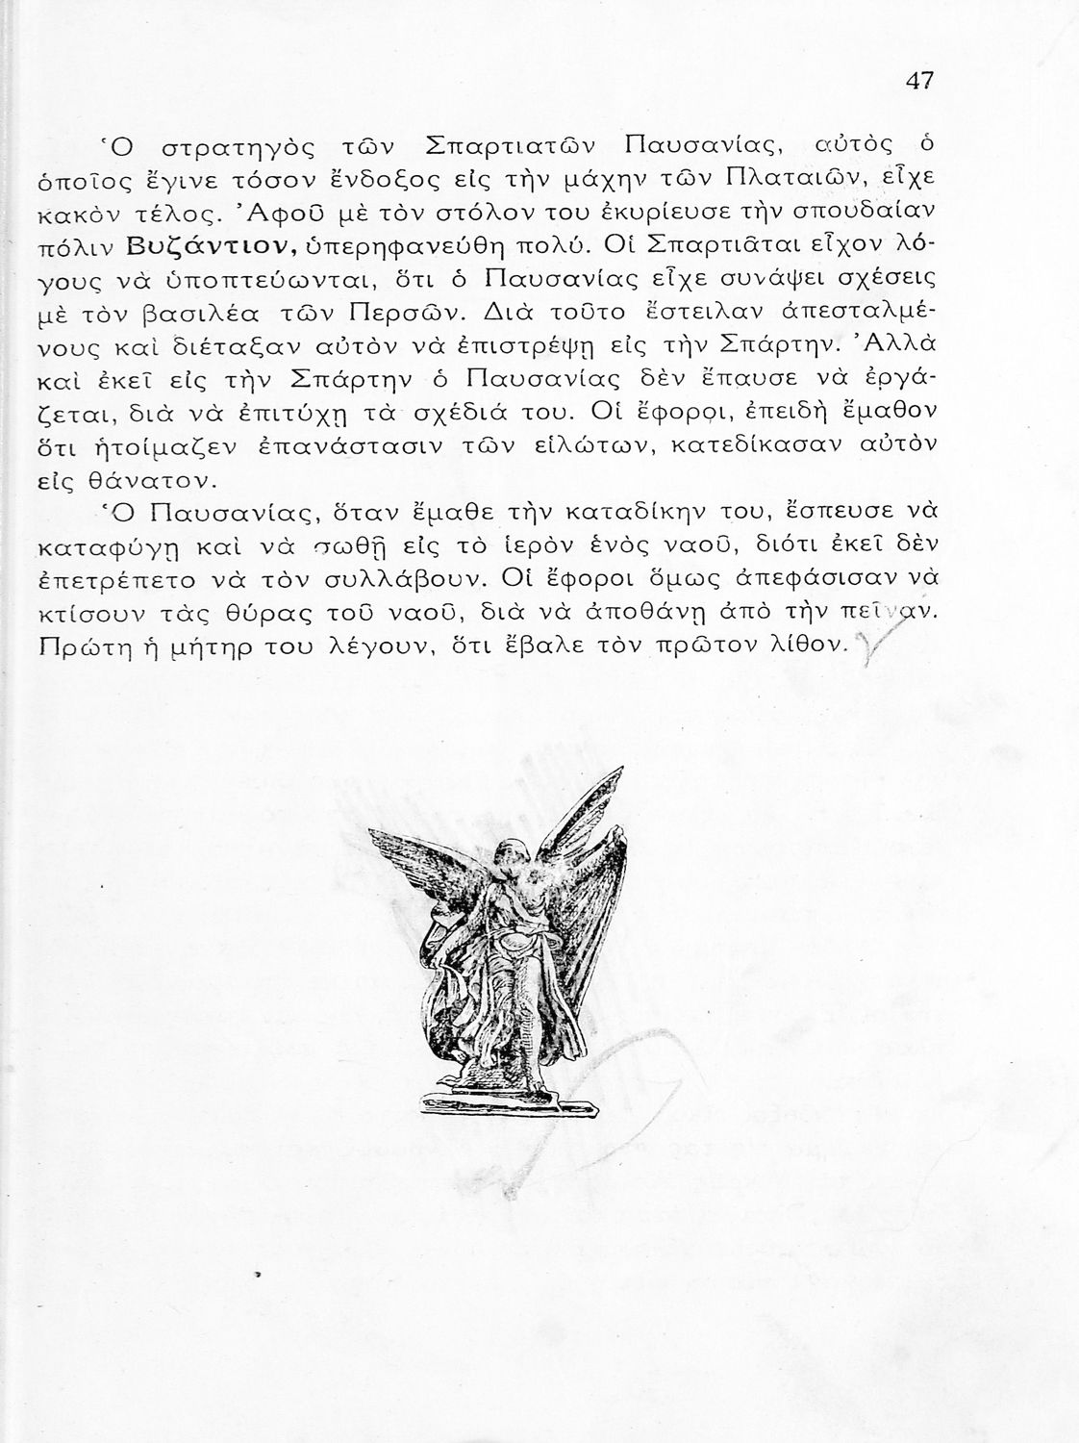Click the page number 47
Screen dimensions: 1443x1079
(x=919, y=82)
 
